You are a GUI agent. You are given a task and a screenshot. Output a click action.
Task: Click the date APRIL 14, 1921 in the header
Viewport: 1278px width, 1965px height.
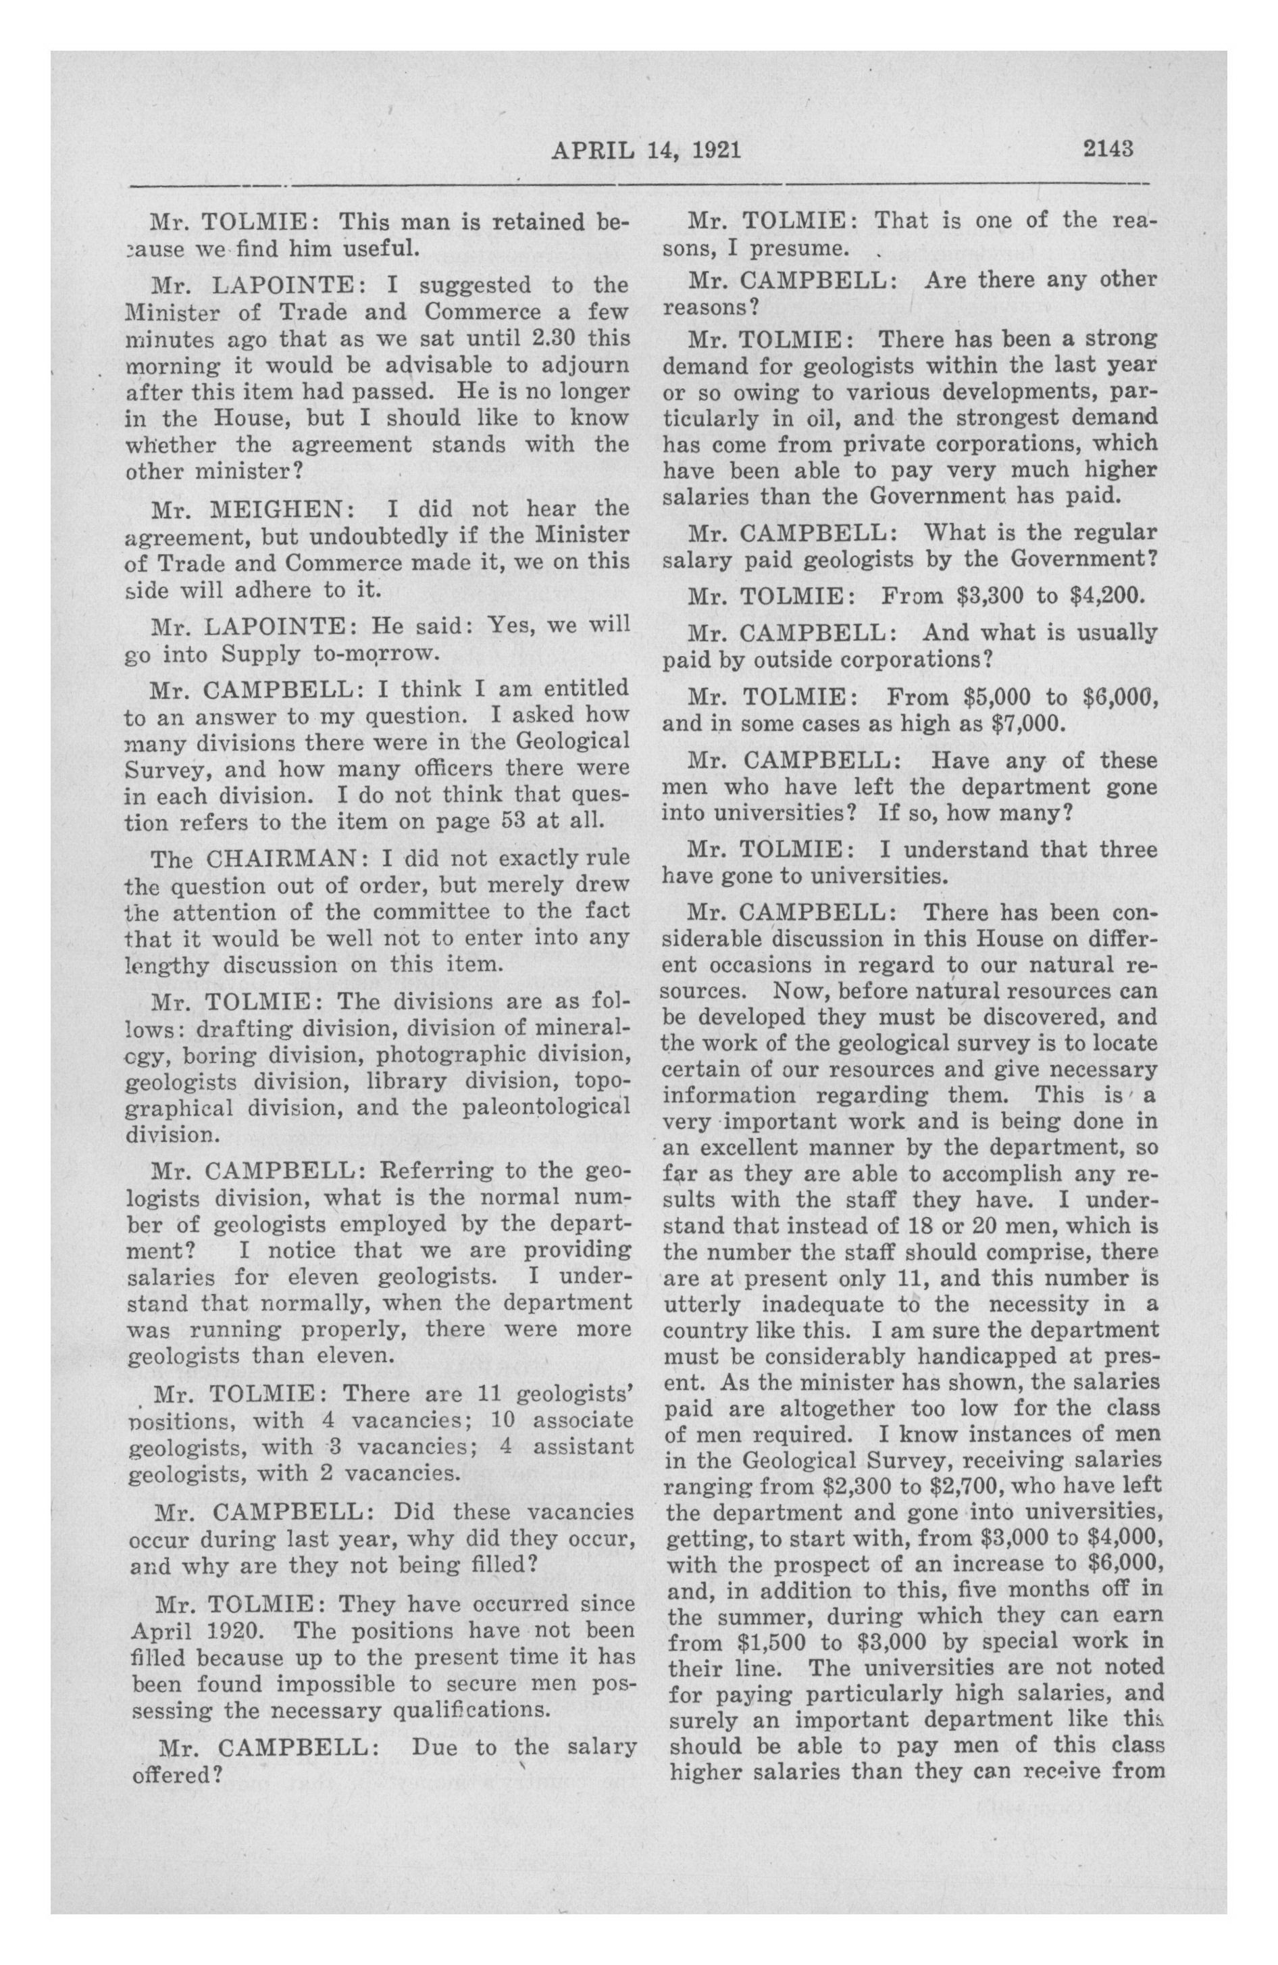click(646, 149)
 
